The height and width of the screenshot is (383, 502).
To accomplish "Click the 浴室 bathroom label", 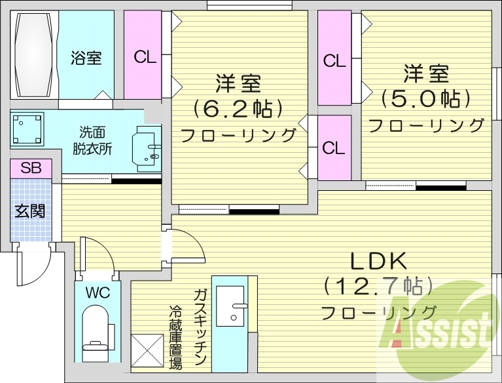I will (86, 58).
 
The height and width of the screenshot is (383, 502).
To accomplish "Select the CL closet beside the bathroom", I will (144, 57).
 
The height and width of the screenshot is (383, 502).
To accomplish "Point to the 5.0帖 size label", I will (426, 98).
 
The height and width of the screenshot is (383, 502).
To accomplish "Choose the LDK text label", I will (379, 261).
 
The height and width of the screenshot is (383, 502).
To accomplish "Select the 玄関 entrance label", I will (29, 211).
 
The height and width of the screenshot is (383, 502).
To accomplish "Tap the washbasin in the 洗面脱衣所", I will (147, 148).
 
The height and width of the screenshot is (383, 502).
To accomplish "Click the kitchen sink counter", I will (230, 308).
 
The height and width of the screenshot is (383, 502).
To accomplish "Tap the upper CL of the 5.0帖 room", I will (334, 61).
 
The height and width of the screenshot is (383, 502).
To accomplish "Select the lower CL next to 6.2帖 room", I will (334, 148).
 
